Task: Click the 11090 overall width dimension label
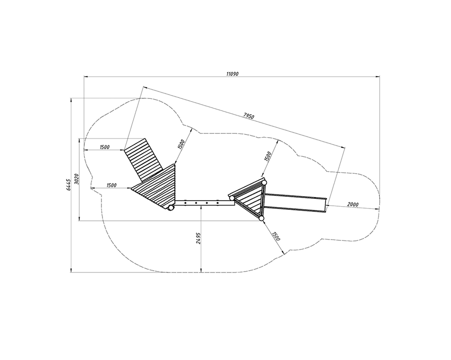tap(232, 74)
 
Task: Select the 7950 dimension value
tap(249, 116)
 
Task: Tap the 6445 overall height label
tap(68, 185)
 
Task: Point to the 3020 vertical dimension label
tap(76, 179)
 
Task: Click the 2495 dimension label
tap(198, 238)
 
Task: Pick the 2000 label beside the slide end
tap(353, 204)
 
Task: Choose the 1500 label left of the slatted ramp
tap(105, 147)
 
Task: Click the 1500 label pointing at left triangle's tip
tap(111, 185)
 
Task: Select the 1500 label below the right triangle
tap(275, 236)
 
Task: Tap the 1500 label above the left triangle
tap(181, 144)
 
